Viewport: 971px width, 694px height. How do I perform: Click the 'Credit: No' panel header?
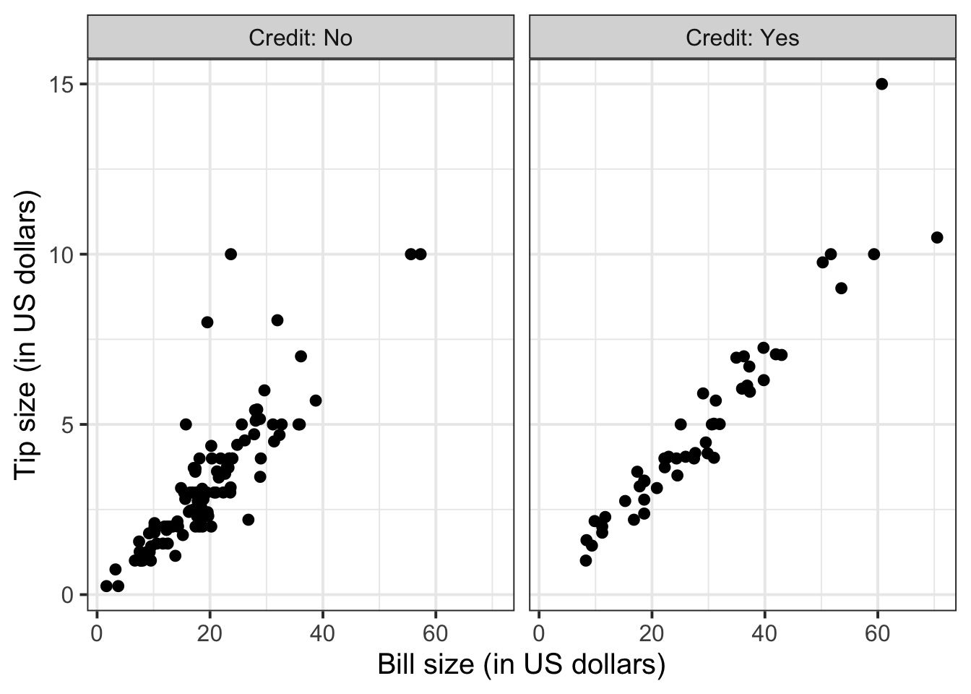click(x=301, y=38)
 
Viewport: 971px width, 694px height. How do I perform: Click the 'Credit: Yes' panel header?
click(x=743, y=38)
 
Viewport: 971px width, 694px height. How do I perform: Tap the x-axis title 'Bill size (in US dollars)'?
click(x=521, y=664)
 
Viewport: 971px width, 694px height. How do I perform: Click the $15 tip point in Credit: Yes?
click(x=881, y=84)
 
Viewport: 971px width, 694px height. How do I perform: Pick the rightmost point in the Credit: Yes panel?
click(x=937, y=237)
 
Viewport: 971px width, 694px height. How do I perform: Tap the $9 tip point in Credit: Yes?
click(x=841, y=288)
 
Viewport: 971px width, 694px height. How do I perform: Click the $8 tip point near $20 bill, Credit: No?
click(x=207, y=322)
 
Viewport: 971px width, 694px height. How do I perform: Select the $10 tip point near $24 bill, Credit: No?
click(x=230, y=254)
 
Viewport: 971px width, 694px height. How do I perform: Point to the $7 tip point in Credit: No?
click(x=301, y=356)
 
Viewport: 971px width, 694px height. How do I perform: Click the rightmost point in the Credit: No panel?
click(x=420, y=254)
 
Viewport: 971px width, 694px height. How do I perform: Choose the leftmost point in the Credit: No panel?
click(x=106, y=586)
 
